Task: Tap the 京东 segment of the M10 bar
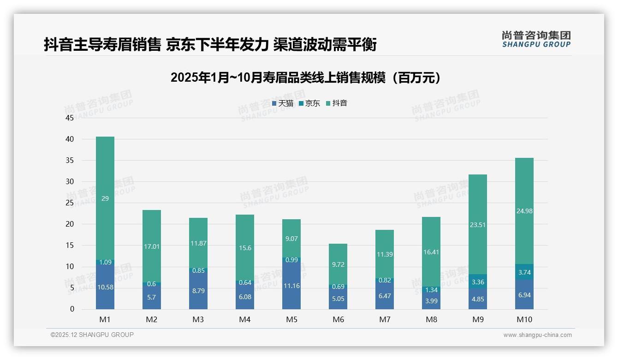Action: pyautogui.click(x=524, y=272)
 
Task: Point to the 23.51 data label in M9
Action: pyautogui.click(x=477, y=225)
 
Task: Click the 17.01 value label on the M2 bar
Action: pyautogui.click(x=152, y=246)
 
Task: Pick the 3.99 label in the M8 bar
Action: pyautogui.click(x=431, y=301)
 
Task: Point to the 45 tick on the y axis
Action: pyautogui.click(x=70, y=118)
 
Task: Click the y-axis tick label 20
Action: pyautogui.click(x=70, y=224)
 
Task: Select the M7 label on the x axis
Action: pyautogui.click(x=384, y=320)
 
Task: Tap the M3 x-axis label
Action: pyautogui.click(x=198, y=320)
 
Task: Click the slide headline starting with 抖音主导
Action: pyautogui.click(x=210, y=44)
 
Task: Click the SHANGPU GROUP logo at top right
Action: pyautogui.click(x=536, y=39)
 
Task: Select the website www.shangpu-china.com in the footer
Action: pyautogui.click(x=537, y=335)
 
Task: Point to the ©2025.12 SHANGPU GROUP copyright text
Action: pyautogui.click(x=92, y=335)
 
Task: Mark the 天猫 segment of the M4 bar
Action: pyautogui.click(x=244, y=296)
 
